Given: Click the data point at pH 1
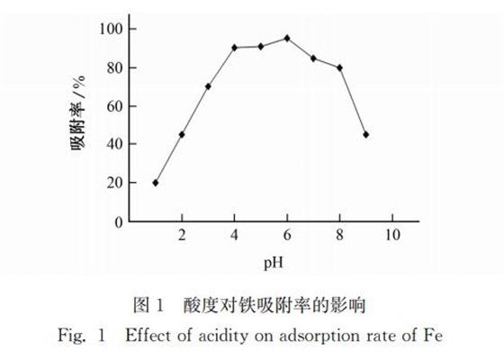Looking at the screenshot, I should pos(156,183).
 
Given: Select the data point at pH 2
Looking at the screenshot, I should pos(182,135).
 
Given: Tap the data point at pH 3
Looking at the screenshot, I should pos(208,86).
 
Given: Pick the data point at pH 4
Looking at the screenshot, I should pos(234,48).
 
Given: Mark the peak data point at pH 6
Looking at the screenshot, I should pos(287,38).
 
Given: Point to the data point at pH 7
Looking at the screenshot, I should pos(313,58).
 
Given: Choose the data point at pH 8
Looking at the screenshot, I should pos(339,67).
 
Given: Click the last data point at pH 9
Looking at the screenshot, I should pos(365,135).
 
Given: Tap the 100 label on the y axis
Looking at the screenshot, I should pos(110,29).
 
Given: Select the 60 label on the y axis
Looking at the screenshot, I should pos(113,106).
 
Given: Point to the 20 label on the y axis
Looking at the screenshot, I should pos(113,183).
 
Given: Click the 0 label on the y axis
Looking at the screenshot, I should pos(117,221).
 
